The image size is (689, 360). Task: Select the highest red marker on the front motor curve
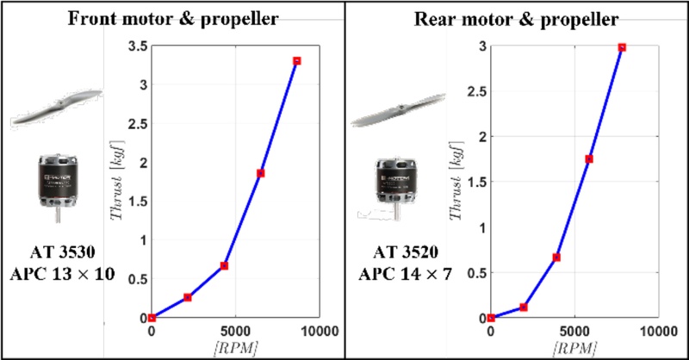296,61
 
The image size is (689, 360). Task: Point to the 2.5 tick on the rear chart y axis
474,91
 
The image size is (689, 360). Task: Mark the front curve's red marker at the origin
152,318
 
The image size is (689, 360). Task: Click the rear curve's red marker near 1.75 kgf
589,158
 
